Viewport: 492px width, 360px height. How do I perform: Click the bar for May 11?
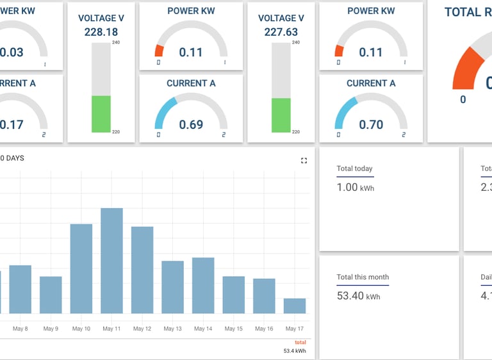[111, 261]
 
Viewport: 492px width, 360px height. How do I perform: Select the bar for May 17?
[295, 306]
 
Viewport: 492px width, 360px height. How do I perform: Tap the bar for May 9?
[51, 295]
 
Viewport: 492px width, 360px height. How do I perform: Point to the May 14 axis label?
[203, 329]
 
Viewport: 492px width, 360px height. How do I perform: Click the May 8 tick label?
[20, 329]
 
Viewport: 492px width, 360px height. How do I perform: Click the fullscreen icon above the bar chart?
[304, 161]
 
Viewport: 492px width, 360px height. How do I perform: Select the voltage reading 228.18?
[101, 32]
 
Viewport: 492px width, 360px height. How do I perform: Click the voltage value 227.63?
[281, 32]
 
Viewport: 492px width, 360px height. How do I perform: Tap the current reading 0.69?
[191, 124]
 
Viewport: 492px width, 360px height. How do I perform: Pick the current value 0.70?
[371, 124]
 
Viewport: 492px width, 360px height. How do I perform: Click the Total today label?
[354, 168]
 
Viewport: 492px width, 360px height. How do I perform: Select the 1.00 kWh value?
[355, 187]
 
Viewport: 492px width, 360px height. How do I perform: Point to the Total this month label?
[363, 277]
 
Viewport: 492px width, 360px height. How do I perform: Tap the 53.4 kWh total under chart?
[295, 351]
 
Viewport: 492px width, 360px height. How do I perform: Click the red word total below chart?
[300, 343]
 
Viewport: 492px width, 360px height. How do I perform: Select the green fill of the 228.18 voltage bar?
[101, 114]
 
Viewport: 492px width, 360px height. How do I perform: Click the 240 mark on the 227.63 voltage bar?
[295, 43]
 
